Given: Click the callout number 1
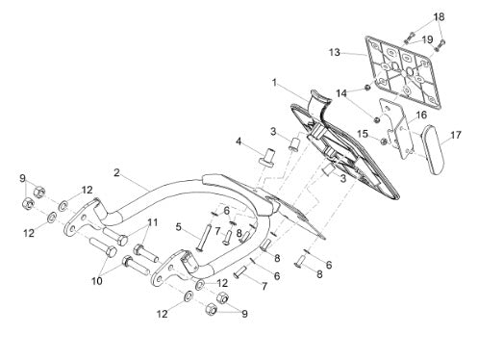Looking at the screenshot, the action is click(274, 83).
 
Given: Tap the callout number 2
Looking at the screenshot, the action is click(116, 172).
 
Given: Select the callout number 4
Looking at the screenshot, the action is click(239, 141).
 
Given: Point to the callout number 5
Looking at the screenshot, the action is click(179, 227).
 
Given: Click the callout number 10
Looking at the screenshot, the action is click(97, 281).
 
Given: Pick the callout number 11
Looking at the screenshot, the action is click(153, 222).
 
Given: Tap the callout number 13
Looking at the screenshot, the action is click(335, 52).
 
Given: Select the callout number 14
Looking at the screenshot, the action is click(341, 93).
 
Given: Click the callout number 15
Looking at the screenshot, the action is click(363, 134).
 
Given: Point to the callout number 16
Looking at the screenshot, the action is click(421, 115).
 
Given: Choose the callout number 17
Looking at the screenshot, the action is click(456, 135).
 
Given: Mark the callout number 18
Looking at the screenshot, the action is click(440, 16).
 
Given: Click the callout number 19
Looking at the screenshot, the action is click(427, 39).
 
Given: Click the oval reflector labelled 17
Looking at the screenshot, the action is click(433, 150).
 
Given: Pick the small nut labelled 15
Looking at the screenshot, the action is click(384, 141).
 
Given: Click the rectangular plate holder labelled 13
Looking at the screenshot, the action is click(403, 72).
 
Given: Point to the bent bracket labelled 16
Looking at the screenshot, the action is click(396, 128).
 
